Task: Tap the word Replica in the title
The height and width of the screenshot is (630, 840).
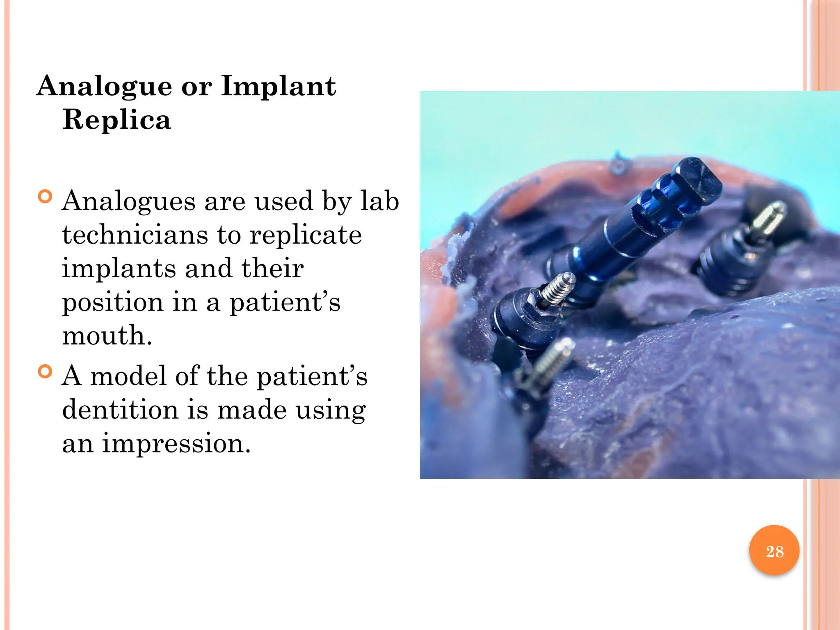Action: pos(117,120)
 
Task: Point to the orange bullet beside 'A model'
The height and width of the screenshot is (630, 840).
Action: pos(45,372)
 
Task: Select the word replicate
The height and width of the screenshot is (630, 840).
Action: pos(306,236)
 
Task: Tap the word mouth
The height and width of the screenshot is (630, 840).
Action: pos(107,336)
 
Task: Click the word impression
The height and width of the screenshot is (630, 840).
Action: pos(176,443)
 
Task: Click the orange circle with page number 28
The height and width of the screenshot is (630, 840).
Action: pos(774,550)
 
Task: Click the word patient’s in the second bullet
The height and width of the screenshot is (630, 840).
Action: pos(312,377)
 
